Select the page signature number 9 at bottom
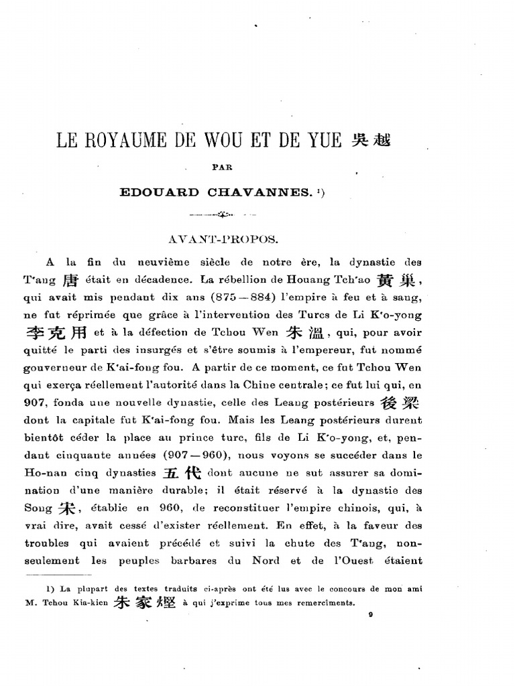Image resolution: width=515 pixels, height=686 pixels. (370, 620)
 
